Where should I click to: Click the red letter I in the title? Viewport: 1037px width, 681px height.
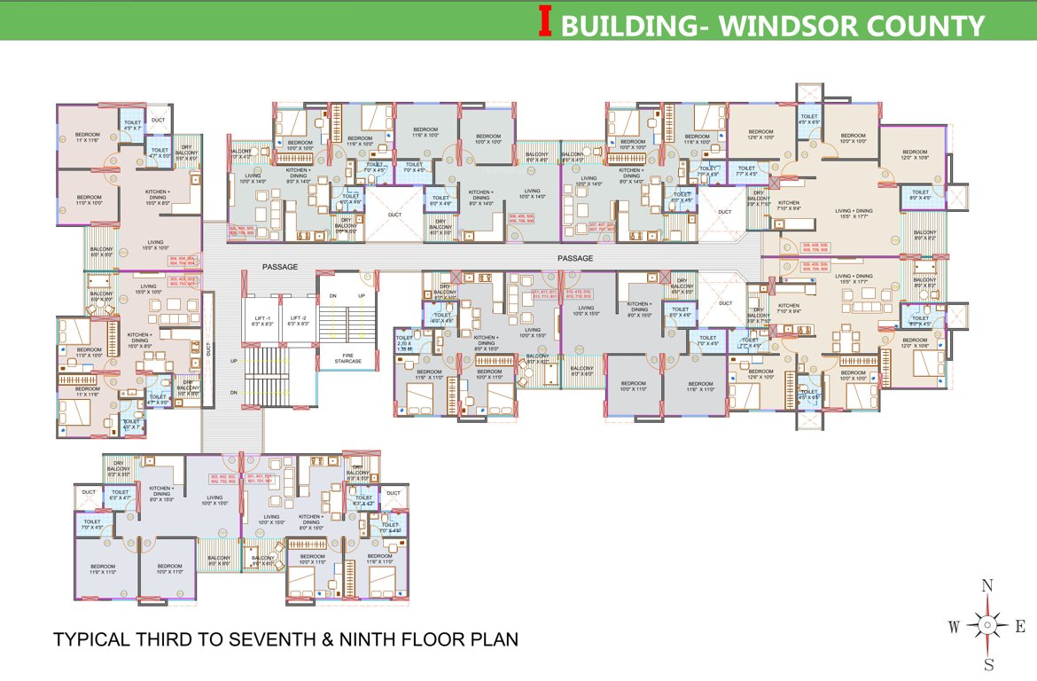click(546, 23)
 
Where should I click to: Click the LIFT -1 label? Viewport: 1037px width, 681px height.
click(261, 321)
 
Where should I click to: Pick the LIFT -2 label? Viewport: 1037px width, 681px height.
click(297, 321)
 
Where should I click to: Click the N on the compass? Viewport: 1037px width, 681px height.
click(987, 585)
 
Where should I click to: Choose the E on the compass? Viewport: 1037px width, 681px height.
click(1020, 627)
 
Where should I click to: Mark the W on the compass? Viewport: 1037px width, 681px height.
click(955, 627)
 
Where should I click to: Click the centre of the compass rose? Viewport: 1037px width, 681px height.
click(987, 626)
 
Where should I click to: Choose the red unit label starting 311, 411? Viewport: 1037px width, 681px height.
click(544, 294)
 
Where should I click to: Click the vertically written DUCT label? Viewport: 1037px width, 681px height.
click(209, 349)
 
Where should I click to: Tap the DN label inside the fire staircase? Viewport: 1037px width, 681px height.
click(332, 295)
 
